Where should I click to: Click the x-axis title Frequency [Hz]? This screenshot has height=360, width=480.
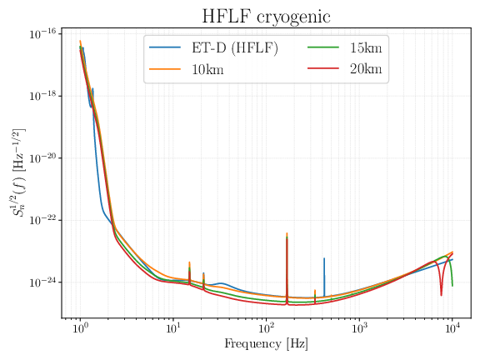point(264,344)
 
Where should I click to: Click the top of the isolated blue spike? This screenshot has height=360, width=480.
point(324,258)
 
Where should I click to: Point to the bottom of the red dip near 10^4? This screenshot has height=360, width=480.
point(441,294)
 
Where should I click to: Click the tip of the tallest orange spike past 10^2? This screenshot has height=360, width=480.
point(287,233)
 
